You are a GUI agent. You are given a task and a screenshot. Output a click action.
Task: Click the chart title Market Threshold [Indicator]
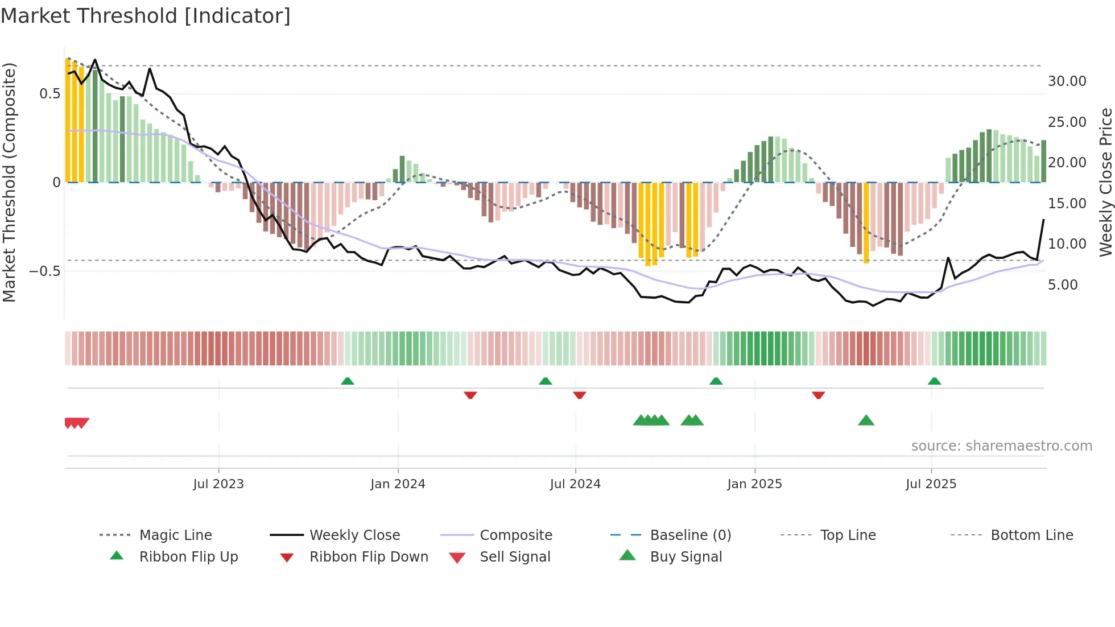(x=146, y=16)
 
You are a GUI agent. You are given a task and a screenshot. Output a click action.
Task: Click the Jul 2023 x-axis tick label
(x=218, y=484)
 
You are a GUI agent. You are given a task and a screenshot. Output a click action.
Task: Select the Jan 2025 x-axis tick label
(x=754, y=484)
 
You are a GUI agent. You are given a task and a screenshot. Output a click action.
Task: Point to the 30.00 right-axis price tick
(x=1067, y=81)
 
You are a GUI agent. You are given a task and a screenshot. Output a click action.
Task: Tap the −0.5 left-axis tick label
(x=45, y=271)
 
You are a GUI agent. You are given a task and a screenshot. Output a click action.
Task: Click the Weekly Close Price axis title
(x=1105, y=182)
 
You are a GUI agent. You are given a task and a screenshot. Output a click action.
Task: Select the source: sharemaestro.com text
(x=1001, y=446)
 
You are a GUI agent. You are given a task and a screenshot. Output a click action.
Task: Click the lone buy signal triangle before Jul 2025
(x=866, y=420)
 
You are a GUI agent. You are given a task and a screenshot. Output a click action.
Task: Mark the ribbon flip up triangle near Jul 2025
(x=934, y=381)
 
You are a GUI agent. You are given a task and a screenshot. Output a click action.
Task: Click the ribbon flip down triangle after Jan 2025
(x=818, y=395)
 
